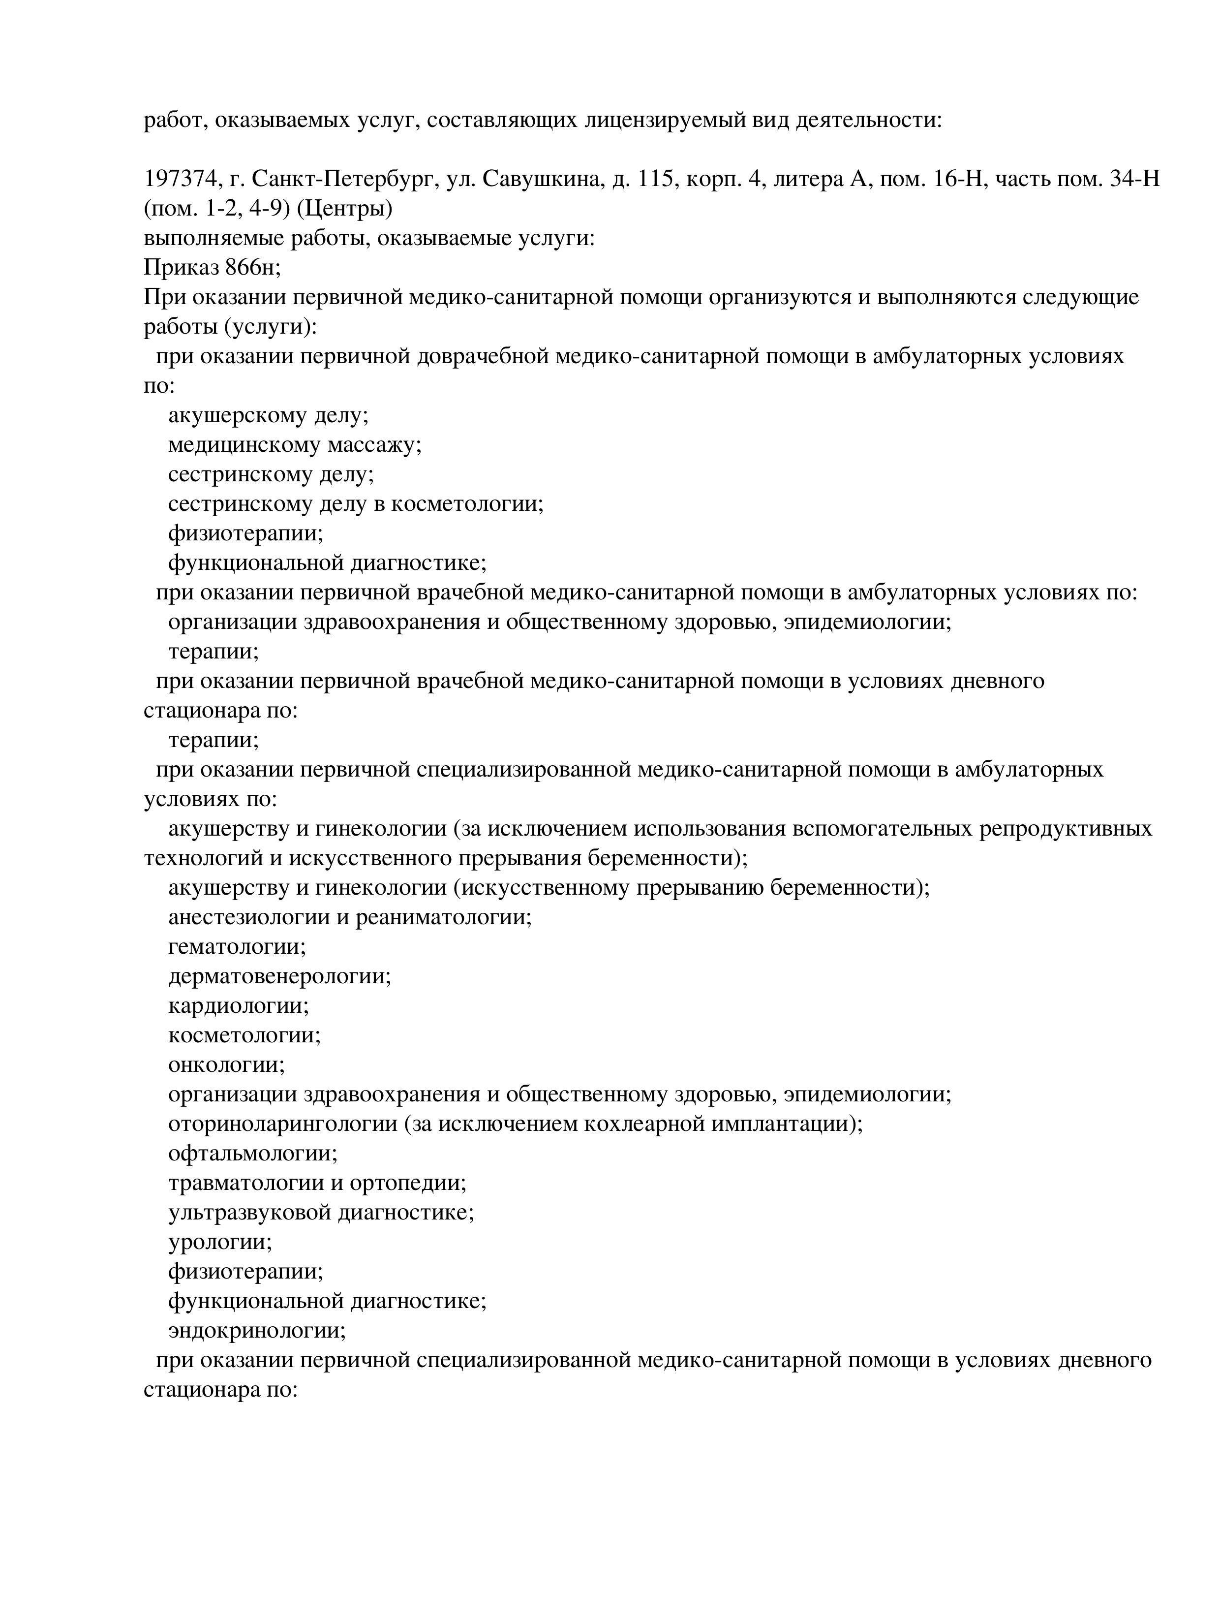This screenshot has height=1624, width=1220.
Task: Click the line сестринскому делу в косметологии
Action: click(355, 504)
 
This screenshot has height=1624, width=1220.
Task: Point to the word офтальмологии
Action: click(252, 1154)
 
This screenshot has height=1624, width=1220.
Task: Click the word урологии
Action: click(219, 1242)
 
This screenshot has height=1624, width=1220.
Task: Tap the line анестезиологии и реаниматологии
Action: click(349, 917)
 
